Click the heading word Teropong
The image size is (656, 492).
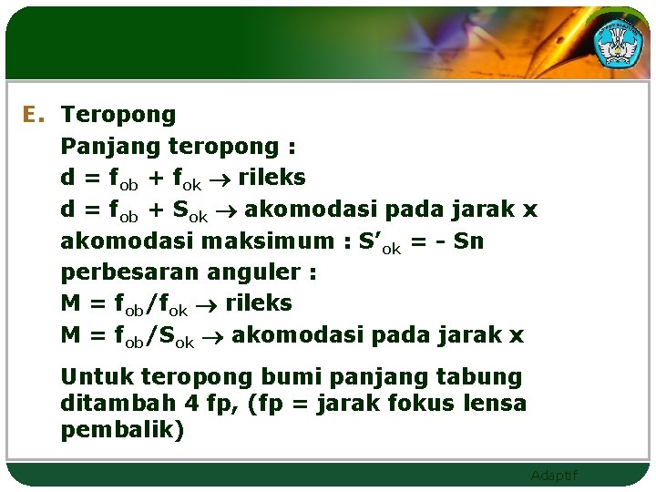[118, 116]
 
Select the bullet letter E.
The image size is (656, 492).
[34, 115]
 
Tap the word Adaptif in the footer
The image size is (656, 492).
[553, 476]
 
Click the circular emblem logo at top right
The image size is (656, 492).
[619, 40]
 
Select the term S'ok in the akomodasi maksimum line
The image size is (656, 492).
[379, 242]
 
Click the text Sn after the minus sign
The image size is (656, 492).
[468, 241]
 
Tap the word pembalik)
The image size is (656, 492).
[122, 429]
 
